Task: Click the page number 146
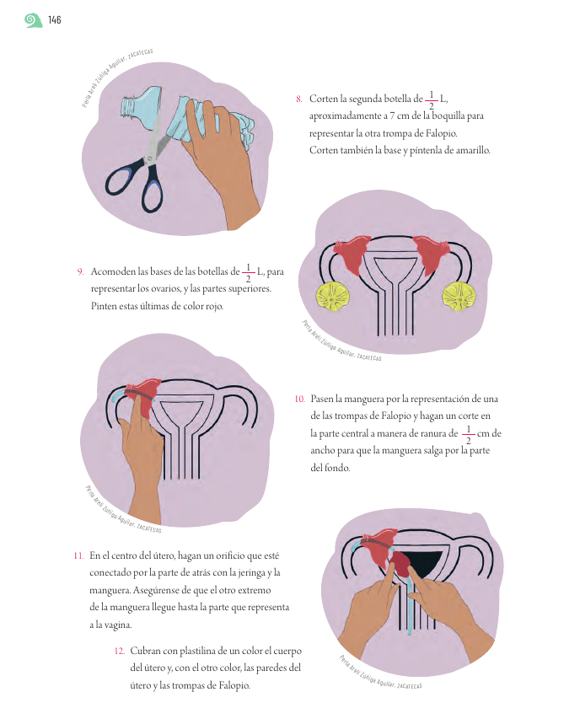[55, 20]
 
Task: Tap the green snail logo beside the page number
[33, 20]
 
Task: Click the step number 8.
[298, 99]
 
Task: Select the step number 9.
[80, 271]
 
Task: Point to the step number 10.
[300, 399]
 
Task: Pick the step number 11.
[78, 555]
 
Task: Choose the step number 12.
[120, 651]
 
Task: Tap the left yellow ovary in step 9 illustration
[333, 297]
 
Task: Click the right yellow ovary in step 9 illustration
[459, 297]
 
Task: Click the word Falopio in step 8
[442, 133]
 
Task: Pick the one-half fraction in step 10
[468, 434]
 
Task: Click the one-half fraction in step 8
[432, 99]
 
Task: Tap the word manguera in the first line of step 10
[364, 400]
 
